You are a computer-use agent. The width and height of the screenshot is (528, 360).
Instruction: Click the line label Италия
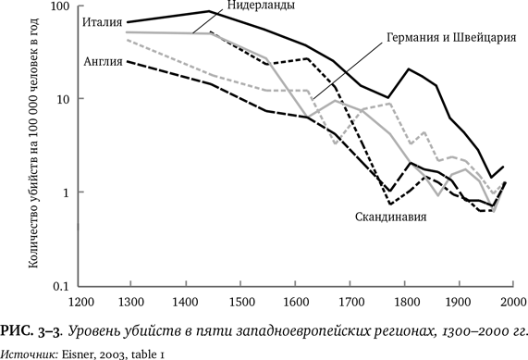click(x=102, y=21)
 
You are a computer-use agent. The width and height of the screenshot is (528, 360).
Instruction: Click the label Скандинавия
click(x=390, y=218)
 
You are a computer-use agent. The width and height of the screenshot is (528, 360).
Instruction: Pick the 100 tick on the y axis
click(x=61, y=6)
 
